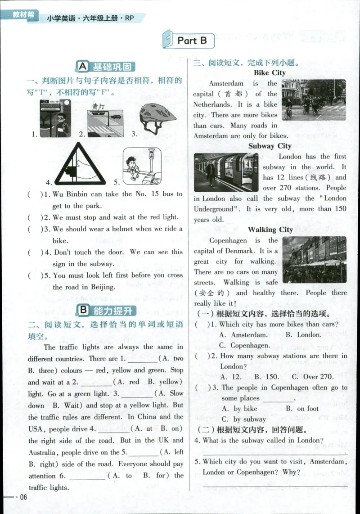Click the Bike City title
pyautogui.click(x=269, y=72)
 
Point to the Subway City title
pyautogui.click(x=270, y=146)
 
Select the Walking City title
pyautogui.click(x=270, y=230)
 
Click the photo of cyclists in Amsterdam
pyautogui.click(x=314, y=99)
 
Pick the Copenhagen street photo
pyautogui.click(x=314, y=259)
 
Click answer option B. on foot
pyautogui.click(x=301, y=409)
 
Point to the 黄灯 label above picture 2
pyautogui.click(x=98, y=106)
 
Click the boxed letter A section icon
pyautogui.click(x=82, y=67)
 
